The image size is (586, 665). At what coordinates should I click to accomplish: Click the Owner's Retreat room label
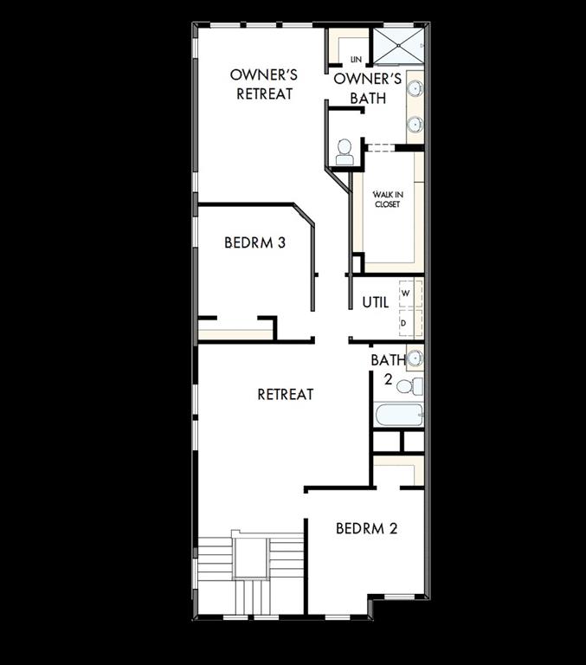coord(264,84)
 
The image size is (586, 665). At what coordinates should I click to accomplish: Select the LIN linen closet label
coord(356,59)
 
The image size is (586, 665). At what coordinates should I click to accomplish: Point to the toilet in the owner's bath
coord(345,152)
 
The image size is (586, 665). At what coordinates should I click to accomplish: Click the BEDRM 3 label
coord(254,243)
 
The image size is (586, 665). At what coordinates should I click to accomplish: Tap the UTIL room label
coord(375,303)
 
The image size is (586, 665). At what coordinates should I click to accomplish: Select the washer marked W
coord(403,294)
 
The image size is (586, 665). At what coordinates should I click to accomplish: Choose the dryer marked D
coord(403,322)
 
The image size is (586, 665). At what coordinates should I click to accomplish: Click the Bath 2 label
coord(383,369)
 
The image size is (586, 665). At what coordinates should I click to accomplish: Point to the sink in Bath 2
coord(415,357)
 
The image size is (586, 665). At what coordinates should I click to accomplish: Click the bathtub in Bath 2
coord(399,415)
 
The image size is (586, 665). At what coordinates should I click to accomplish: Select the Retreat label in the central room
coord(285,395)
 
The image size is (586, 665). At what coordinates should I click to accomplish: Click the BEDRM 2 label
coord(366,528)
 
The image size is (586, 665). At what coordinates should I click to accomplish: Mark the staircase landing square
coord(250,558)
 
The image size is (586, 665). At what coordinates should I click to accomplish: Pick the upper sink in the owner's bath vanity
coord(415,88)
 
